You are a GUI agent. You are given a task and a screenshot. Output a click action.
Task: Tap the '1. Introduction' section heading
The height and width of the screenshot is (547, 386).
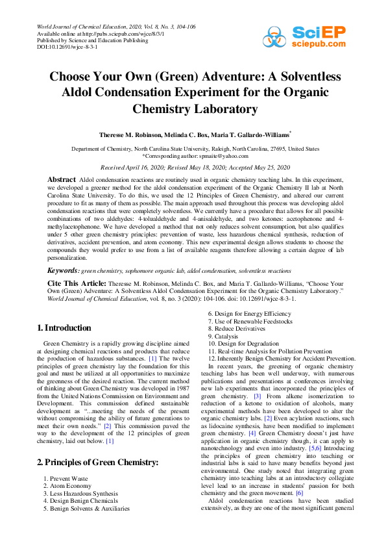[x=64, y=328]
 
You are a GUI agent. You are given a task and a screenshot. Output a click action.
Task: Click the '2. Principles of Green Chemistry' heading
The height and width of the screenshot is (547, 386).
[x=97, y=444]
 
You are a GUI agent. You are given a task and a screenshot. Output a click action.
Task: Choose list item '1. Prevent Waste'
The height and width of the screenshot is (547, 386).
[x=66, y=460]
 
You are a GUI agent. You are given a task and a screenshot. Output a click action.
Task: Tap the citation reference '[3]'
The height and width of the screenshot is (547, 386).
[x=257, y=396]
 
